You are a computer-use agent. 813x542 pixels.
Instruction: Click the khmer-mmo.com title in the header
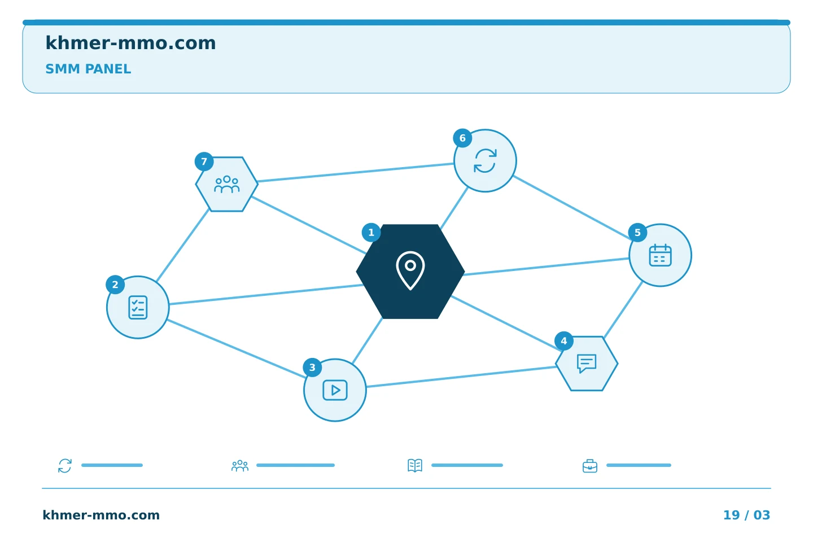tap(130, 43)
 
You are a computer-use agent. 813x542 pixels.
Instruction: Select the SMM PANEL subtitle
tap(88, 69)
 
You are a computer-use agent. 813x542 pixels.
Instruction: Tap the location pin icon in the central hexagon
tap(410, 270)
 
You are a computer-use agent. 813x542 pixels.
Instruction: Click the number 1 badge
tap(371, 233)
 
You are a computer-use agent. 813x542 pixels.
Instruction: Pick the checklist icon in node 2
tap(138, 308)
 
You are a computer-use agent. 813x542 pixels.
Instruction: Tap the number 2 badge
tap(115, 285)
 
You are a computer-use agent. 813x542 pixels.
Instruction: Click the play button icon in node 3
tap(335, 390)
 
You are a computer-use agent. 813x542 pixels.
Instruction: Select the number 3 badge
tap(313, 368)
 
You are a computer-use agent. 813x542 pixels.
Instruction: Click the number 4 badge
tap(564, 341)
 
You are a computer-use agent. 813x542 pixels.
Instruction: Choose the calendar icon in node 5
tap(660, 255)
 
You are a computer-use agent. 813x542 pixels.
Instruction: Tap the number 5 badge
tap(638, 233)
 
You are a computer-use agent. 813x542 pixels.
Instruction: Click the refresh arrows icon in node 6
tap(486, 161)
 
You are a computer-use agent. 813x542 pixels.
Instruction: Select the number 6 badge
tap(463, 138)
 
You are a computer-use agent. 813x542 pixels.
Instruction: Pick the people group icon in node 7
tap(227, 184)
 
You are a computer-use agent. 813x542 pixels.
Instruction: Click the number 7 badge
tap(204, 161)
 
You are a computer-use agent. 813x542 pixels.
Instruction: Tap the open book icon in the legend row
tap(415, 465)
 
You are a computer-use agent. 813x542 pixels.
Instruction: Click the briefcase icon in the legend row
tap(590, 466)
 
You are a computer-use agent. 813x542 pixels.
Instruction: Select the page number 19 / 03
tap(746, 515)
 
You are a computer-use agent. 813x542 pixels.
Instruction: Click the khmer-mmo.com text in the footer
tap(101, 515)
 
